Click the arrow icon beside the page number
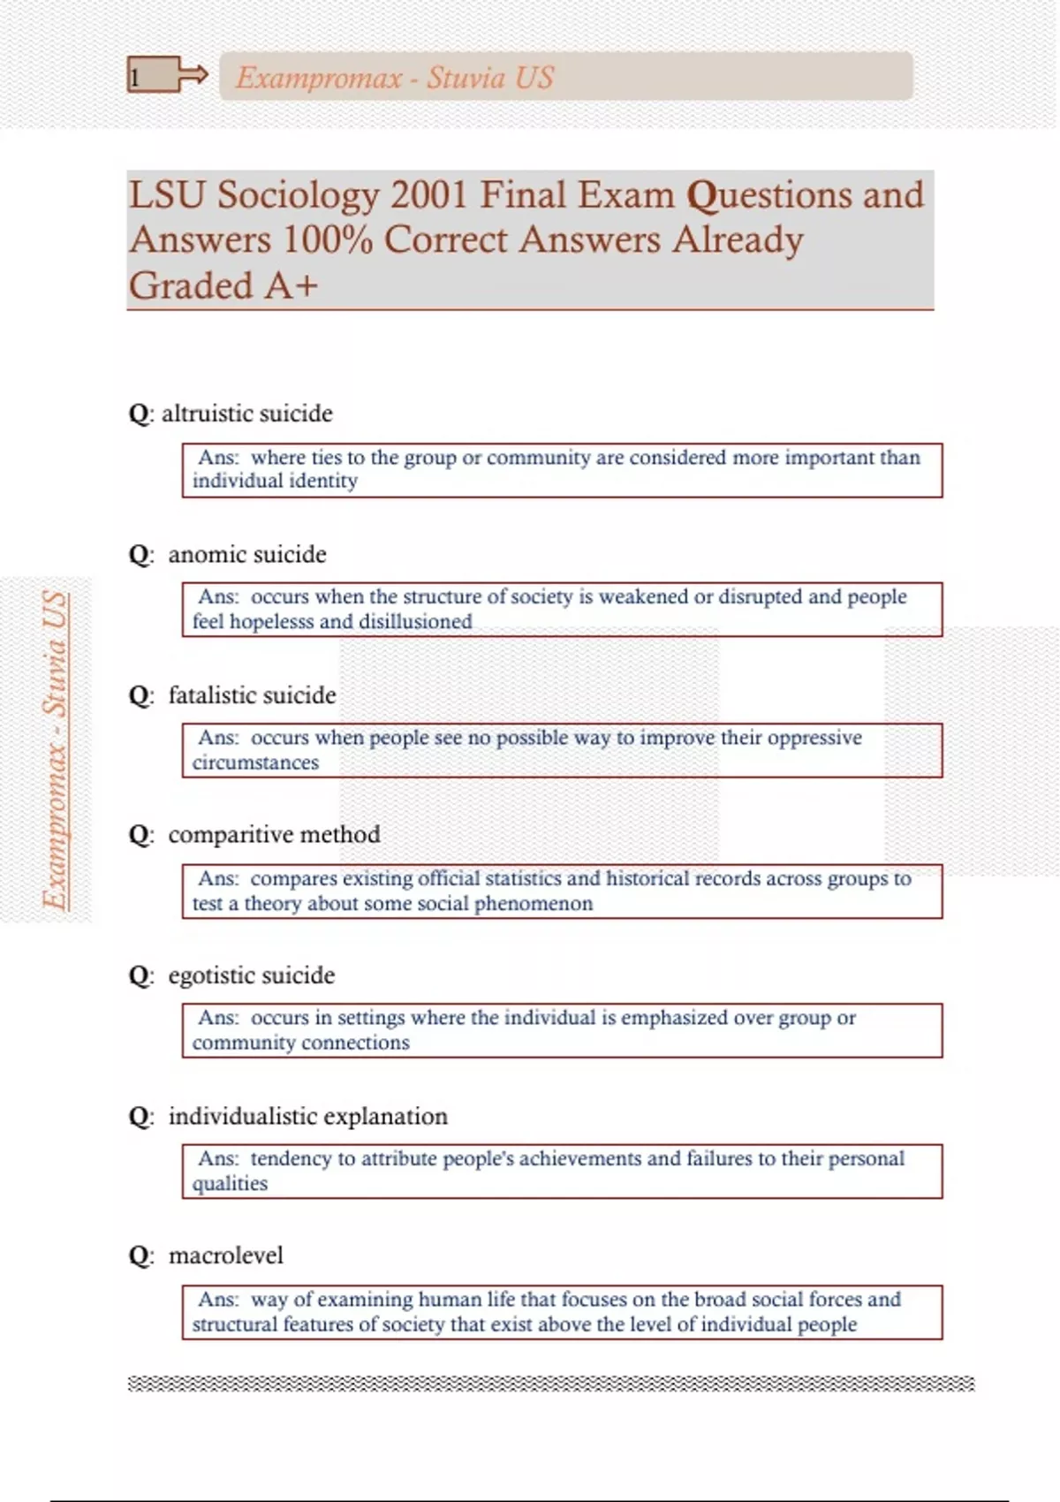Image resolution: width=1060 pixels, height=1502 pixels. click(193, 76)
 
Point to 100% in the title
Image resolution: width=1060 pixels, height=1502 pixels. click(328, 239)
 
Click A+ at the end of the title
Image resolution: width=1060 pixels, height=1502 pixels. click(291, 285)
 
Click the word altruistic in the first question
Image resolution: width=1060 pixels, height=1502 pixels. click(204, 413)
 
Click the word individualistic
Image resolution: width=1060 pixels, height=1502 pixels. click(243, 1116)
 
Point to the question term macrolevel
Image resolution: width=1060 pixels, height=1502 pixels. click(226, 1255)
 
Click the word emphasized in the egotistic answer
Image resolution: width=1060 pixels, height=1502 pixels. click(674, 1018)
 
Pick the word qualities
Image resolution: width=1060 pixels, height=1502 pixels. click(230, 1184)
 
